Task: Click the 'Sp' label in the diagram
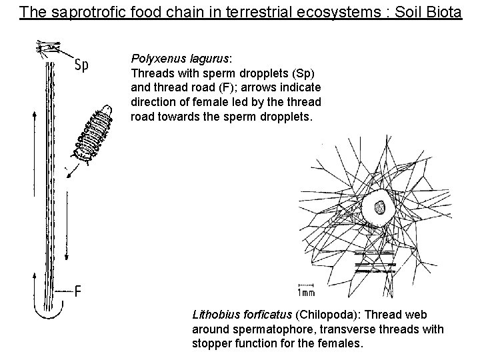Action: coord(83,65)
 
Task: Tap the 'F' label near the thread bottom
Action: coord(79,292)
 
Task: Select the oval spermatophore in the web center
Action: coord(381,209)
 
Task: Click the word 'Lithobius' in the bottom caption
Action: coord(214,315)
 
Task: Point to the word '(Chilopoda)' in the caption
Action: coord(328,315)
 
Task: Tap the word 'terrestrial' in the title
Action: coord(213,12)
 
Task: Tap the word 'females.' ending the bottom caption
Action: coord(341,344)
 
